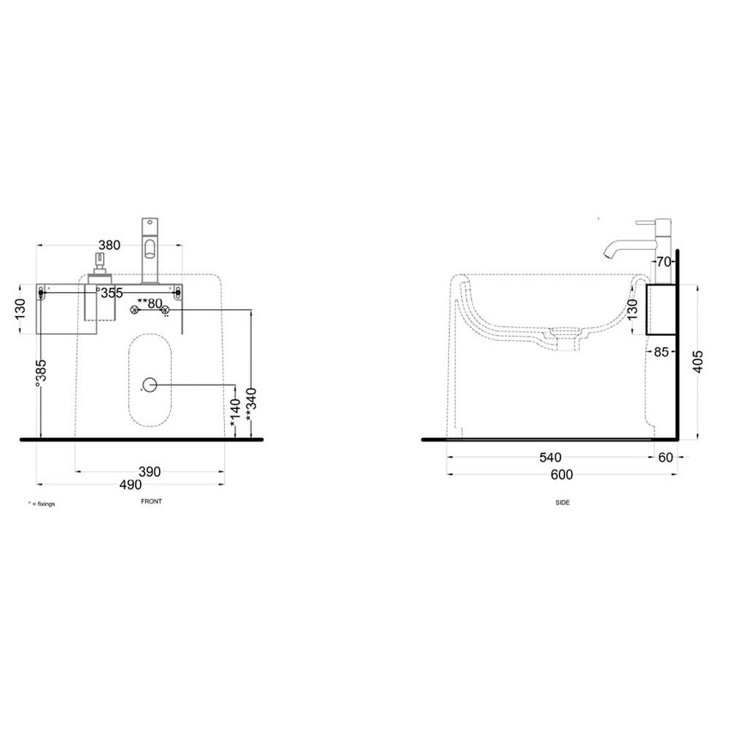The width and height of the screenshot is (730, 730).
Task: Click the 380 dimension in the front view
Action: (109, 245)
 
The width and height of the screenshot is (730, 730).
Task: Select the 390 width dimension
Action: (149, 471)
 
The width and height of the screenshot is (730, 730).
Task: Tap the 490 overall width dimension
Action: (131, 484)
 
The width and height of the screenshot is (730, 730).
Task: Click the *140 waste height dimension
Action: (235, 412)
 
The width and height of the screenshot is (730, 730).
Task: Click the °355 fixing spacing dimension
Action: (109, 293)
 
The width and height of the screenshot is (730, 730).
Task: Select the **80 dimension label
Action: (149, 304)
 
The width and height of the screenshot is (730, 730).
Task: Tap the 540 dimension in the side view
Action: (551, 458)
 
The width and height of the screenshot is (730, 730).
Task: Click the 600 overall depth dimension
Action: (562, 475)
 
